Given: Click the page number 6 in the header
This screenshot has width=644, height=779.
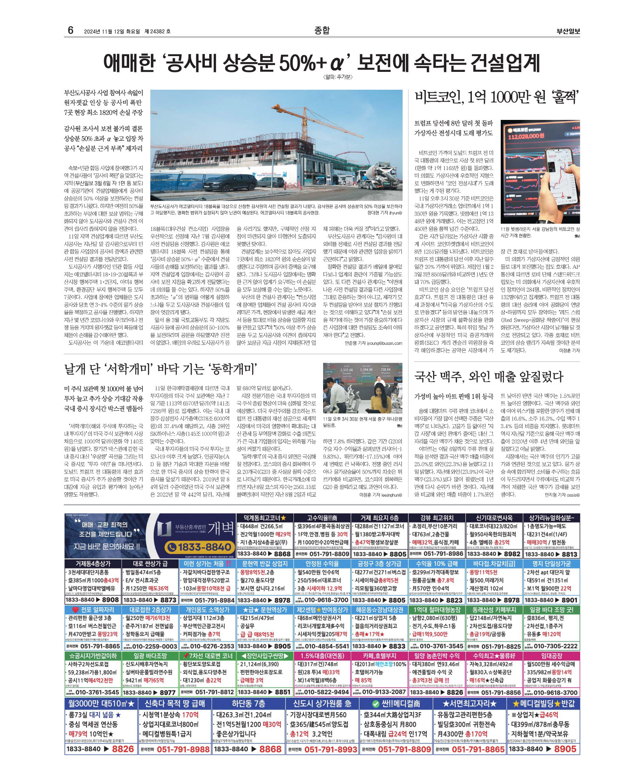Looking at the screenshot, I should [71, 30].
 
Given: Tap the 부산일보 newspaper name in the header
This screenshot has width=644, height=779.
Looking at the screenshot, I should [568, 31].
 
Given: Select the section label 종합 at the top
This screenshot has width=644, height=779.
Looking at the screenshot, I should [322, 30].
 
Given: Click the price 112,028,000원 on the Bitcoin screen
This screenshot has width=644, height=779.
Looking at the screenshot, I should [526, 136].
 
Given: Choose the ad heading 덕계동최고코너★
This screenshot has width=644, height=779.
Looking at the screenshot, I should [264, 517].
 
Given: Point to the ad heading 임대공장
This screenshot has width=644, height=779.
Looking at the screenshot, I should [551, 656].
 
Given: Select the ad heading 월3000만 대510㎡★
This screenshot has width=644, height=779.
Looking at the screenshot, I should [101, 704].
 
